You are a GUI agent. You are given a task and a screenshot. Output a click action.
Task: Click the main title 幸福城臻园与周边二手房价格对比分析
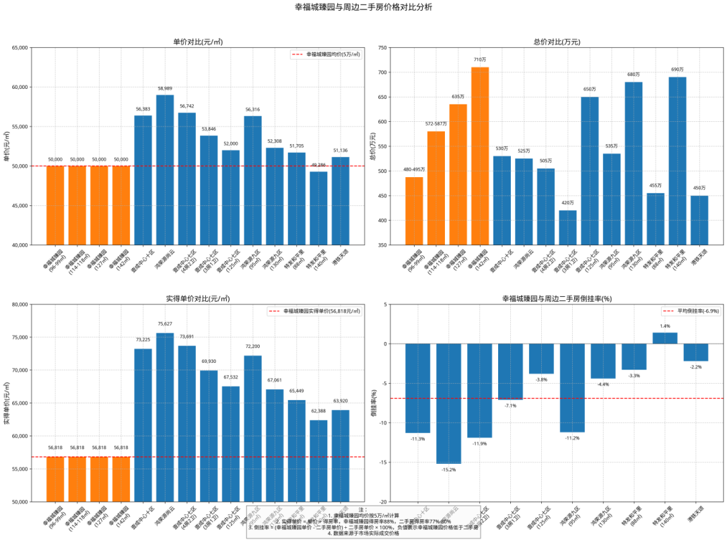[x=363, y=7]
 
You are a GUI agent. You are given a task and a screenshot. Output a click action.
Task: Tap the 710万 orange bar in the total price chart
[x=480, y=156]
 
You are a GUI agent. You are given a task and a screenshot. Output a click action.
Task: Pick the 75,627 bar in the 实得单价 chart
[x=165, y=417]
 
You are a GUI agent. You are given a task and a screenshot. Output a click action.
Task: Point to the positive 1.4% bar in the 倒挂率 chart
[x=665, y=338]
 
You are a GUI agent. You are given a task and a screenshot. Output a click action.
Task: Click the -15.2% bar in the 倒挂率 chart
[x=449, y=403]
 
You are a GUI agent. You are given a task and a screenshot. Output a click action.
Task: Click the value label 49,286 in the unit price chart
[x=318, y=165]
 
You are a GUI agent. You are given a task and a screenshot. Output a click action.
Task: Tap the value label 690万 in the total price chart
[x=677, y=69]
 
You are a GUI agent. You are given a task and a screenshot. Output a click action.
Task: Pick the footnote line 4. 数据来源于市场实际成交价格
[x=363, y=533]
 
